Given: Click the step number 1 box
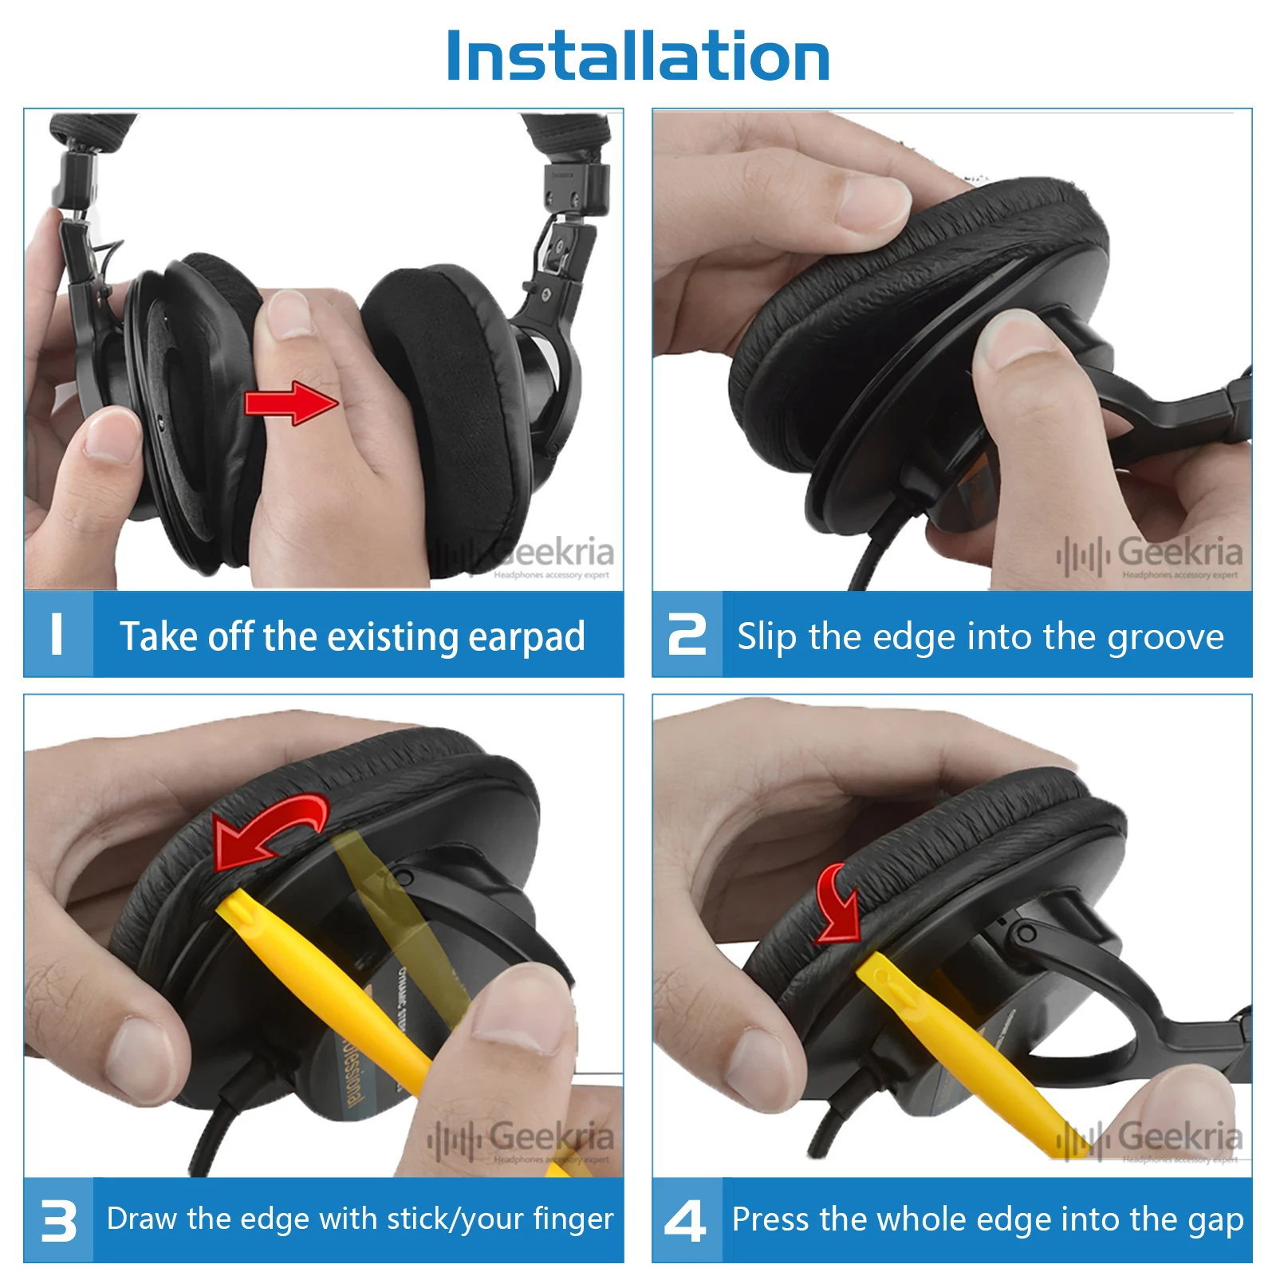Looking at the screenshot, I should coord(58,635).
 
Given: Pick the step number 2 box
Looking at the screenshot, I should coord(687,635).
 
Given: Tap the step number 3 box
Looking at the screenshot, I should coord(58,1220).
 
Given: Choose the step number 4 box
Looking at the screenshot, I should coord(687,1220).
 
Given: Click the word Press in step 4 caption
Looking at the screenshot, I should coord(770,1219).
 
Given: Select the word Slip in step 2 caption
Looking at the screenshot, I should coord(766,637).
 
